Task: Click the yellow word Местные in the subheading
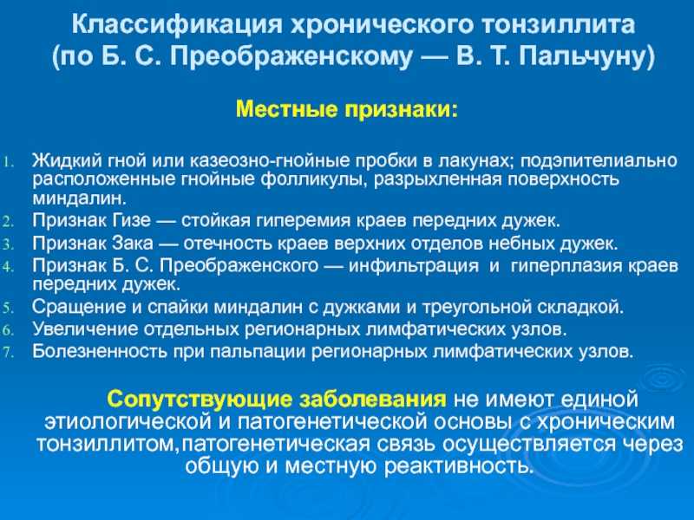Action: [286, 109]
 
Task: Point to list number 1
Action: [9, 162]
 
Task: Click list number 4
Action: [9, 267]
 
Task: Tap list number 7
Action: [9, 353]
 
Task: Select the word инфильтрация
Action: [414, 266]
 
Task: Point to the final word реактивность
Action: [458, 466]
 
